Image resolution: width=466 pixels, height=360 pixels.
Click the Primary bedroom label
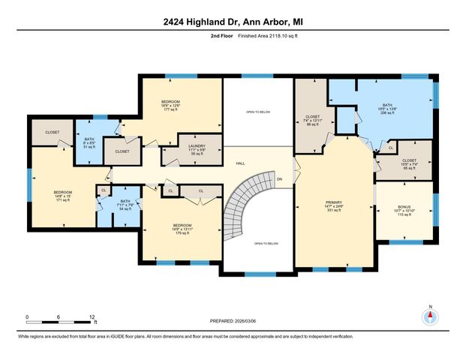click(333, 207)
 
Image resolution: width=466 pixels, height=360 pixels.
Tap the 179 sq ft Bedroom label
click(182, 229)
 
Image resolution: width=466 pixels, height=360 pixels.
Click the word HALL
click(241, 163)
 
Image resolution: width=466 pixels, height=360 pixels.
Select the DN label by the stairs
click(279, 179)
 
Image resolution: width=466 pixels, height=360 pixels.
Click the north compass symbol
click(430, 317)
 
